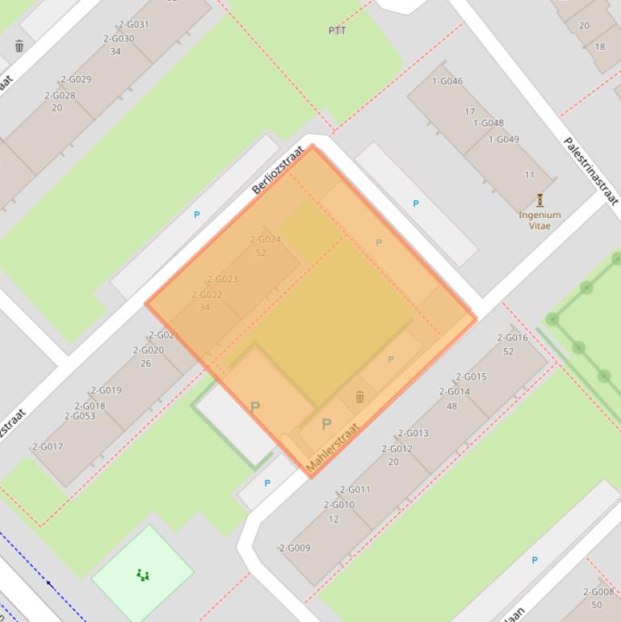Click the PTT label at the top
[x=337, y=31]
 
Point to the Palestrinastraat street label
[x=591, y=171]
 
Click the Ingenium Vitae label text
[x=539, y=221]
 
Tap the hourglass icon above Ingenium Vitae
[x=539, y=200]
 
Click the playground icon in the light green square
[x=143, y=575]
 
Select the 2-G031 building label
[x=133, y=24]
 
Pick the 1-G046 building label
[x=447, y=81]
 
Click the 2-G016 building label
[x=512, y=338]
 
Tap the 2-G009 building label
[x=295, y=548]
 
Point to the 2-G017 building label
[x=47, y=447]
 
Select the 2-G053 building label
[x=79, y=417]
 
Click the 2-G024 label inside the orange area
[x=265, y=239]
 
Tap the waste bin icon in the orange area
[x=360, y=397]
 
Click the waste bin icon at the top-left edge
[x=19, y=46]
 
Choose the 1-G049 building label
[x=503, y=139]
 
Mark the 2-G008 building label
[x=598, y=591]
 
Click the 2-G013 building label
[x=413, y=433]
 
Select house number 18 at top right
[x=599, y=47]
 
